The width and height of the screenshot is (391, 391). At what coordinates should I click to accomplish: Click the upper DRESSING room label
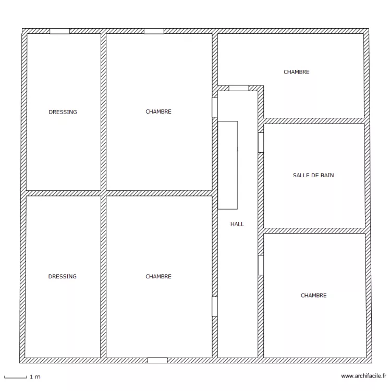click(63, 112)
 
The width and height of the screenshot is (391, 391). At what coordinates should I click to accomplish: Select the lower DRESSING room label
click(63, 277)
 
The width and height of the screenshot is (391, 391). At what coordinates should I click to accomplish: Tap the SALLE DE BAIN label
click(313, 176)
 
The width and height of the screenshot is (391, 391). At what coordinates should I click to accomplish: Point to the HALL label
click(237, 225)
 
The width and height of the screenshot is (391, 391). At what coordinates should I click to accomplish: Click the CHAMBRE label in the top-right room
click(296, 72)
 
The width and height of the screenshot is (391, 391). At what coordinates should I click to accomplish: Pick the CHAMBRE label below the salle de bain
click(313, 296)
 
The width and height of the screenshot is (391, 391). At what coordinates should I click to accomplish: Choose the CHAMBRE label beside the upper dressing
click(158, 112)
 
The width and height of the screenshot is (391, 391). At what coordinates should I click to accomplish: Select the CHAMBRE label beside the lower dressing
click(158, 277)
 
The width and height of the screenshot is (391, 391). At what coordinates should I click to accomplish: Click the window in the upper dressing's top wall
click(59, 31)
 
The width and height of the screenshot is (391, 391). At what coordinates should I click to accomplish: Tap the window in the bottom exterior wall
click(157, 360)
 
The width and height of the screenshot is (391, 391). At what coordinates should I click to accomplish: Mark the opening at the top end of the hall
click(239, 88)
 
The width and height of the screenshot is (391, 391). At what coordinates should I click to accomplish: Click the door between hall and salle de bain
click(261, 142)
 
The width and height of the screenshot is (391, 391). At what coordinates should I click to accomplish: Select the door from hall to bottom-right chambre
click(261, 265)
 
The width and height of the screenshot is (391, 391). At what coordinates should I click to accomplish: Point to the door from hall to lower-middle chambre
click(214, 307)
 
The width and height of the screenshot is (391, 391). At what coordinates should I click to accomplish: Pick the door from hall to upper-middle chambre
click(214, 107)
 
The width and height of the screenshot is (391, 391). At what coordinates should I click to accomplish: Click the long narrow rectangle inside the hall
click(228, 165)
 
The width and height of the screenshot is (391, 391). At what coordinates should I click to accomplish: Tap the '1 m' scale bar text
click(35, 376)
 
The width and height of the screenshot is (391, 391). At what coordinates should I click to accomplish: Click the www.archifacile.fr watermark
click(363, 376)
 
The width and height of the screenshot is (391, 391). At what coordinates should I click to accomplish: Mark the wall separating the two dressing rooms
click(63, 193)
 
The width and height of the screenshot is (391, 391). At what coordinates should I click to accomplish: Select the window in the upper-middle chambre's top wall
click(154, 31)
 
